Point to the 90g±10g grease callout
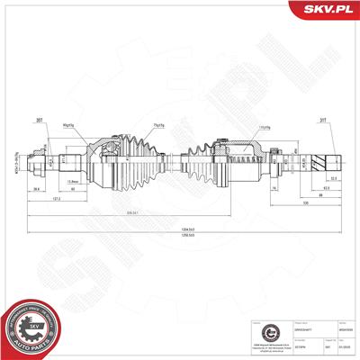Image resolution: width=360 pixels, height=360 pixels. point(93,124)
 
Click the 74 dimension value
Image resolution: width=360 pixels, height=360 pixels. point(272,190)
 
